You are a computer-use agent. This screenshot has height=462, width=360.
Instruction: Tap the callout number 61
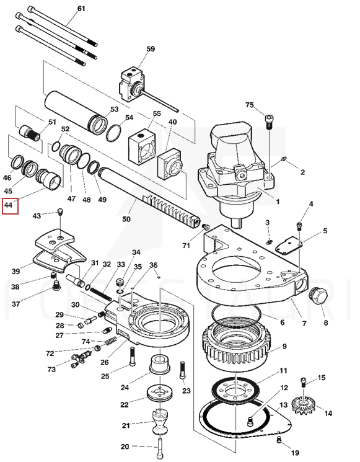coord(81,9)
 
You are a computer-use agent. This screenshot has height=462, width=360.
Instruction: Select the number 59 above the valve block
coord(151,49)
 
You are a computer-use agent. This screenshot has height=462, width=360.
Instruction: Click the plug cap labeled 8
coord(318,296)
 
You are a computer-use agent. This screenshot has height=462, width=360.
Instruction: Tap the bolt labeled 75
coord(270,122)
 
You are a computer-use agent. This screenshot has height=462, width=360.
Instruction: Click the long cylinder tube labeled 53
coord(76,112)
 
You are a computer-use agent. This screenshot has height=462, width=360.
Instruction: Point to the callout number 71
coord(186,245)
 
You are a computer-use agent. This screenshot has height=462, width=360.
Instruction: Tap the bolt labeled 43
coord(60,211)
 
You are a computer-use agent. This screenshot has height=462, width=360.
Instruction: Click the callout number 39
coord(16,271)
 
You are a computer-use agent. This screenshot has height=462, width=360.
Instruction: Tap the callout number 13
coord(283,406)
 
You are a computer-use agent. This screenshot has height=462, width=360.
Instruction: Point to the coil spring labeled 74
coord(112,341)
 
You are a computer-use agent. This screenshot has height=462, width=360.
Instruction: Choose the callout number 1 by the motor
coord(278,202)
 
